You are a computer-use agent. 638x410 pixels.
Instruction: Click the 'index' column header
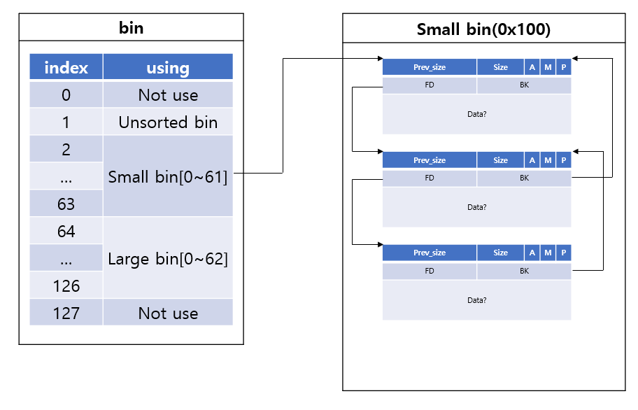point(66,66)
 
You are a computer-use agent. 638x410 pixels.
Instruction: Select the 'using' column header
point(168,66)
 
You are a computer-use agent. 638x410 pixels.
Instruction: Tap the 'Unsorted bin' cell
point(168,122)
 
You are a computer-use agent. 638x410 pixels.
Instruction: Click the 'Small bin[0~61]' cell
point(168,176)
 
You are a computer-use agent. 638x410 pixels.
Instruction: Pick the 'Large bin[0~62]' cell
point(168,258)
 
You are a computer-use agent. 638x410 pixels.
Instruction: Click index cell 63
point(66,204)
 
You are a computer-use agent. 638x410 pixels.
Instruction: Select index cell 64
point(66,231)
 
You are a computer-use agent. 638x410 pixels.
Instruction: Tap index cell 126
point(66,285)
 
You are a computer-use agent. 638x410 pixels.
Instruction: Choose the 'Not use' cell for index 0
point(168,94)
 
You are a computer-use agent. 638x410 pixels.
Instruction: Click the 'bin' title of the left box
point(131,28)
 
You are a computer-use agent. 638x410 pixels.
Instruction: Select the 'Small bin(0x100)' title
point(483,29)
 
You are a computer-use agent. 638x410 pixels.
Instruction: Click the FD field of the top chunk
point(430,85)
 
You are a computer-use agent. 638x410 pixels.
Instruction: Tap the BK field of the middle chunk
point(524,178)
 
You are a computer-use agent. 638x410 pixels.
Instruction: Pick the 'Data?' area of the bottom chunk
point(477,300)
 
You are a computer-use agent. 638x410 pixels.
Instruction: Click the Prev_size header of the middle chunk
point(430,160)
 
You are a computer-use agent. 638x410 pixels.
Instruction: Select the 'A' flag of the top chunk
point(532,67)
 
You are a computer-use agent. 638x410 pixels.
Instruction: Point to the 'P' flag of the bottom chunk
point(564,253)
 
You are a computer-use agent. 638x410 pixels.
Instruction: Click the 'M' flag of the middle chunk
point(548,160)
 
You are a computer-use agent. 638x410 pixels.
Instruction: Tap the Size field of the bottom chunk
point(500,253)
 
